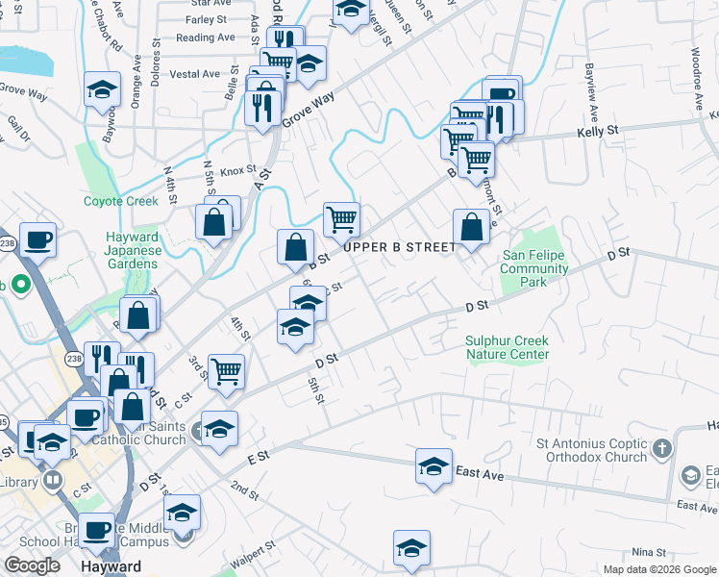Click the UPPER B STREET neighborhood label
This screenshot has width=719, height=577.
click(x=399, y=247)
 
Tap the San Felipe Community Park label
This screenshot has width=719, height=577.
click(x=534, y=268)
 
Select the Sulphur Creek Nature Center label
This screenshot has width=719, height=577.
click(x=508, y=347)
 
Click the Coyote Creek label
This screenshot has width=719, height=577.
click(x=120, y=201)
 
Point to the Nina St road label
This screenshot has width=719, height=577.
click(x=650, y=552)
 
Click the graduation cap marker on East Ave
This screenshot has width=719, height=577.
click(x=434, y=467)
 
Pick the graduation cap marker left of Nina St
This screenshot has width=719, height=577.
click(x=411, y=549)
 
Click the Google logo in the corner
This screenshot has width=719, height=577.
click(x=32, y=565)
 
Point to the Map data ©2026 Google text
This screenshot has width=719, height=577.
click(x=658, y=569)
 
